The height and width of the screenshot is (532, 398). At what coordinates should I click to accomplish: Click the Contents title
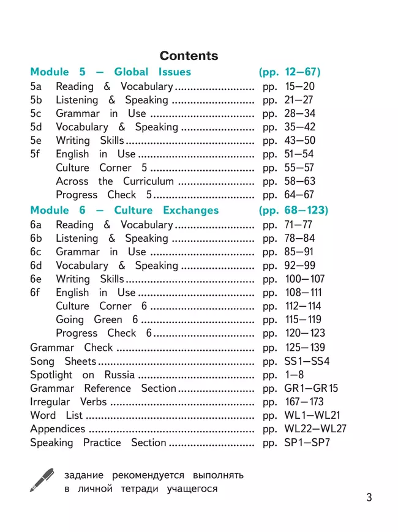pyautogui.click(x=188, y=56)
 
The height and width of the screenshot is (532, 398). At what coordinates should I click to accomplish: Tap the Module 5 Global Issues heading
pyautogui.click(x=110, y=72)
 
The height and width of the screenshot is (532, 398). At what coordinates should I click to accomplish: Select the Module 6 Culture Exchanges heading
pyautogui.click(x=124, y=211)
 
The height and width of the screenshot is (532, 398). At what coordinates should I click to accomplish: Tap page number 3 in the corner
pyautogui.click(x=369, y=497)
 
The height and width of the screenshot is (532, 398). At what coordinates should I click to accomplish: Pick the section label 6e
pyautogui.click(x=36, y=279)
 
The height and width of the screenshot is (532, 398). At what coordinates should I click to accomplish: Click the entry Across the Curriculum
pyautogui.click(x=115, y=181)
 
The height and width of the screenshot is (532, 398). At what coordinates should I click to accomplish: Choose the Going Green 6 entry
pyautogui.click(x=97, y=320)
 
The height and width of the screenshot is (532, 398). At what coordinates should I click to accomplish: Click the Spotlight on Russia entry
pyautogui.click(x=82, y=375)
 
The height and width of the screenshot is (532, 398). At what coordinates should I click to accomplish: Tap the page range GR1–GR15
pyautogui.click(x=311, y=388)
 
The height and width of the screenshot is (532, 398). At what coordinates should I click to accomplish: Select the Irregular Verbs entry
pyautogui.click(x=68, y=402)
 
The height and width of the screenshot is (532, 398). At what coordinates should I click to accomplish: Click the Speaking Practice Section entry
pyautogui.click(x=98, y=443)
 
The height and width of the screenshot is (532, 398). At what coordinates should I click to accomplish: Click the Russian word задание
pyautogui.click(x=83, y=475)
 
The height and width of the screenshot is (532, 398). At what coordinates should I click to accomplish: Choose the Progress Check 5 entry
pyautogui.click(x=103, y=195)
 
